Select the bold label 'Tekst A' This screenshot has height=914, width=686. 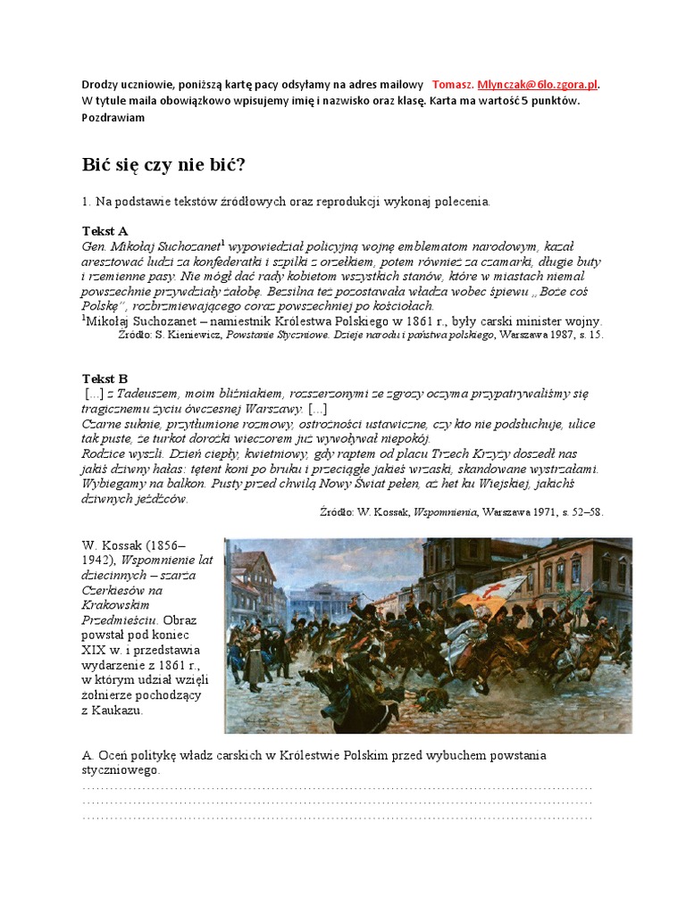tap(105, 231)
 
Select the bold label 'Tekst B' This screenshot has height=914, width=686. tap(105, 378)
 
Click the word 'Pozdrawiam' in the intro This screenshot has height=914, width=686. tap(112, 117)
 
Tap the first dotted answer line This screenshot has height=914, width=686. tap(337, 787)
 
